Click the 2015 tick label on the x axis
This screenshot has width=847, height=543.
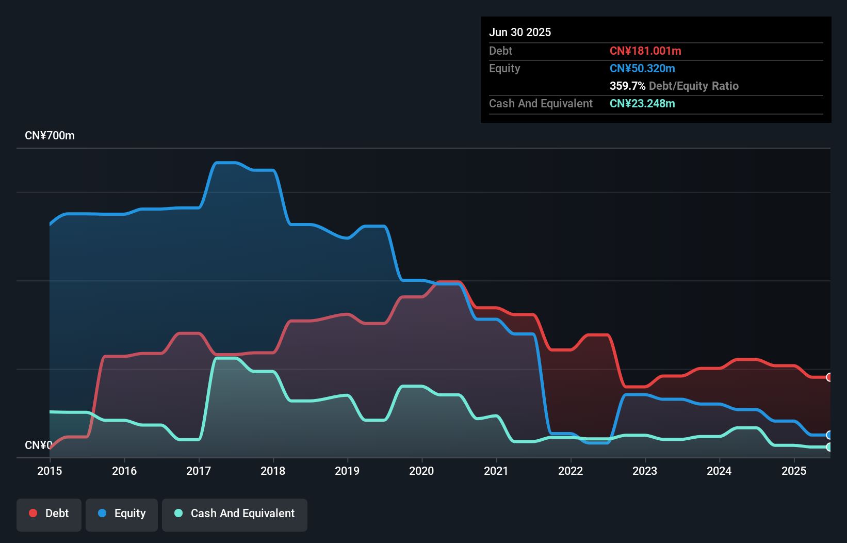click(x=50, y=471)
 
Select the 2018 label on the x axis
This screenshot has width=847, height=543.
click(x=273, y=471)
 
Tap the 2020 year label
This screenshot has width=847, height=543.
click(x=421, y=471)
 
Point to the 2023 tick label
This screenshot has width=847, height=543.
click(x=645, y=471)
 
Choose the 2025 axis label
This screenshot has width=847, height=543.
click(x=794, y=471)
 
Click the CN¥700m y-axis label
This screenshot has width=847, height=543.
click(x=50, y=136)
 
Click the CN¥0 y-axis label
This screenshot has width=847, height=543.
click(x=38, y=445)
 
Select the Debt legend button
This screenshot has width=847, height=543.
click(x=49, y=514)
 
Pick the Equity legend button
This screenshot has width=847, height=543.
click(x=122, y=514)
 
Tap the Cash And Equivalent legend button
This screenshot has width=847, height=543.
click(x=235, y=514)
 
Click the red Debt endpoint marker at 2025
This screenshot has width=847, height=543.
click(x=829, y=377)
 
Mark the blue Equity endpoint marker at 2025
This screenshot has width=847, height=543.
click(x=829, y=435)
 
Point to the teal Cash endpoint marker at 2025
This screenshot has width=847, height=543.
click(x=829, y=447)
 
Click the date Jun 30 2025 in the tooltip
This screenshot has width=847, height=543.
click(x=520, y=32)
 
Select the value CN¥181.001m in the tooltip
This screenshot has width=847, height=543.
click(x=645, y=51)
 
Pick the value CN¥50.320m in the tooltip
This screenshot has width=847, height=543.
click(x=642, y=69)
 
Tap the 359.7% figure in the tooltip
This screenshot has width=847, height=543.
click(x=627, y=86)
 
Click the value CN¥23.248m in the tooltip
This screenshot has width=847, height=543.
click(x=642, y=104)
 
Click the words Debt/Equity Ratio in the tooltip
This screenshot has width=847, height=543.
click(x=694, y=86)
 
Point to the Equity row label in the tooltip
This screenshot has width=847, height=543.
click(x=504, y=69)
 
